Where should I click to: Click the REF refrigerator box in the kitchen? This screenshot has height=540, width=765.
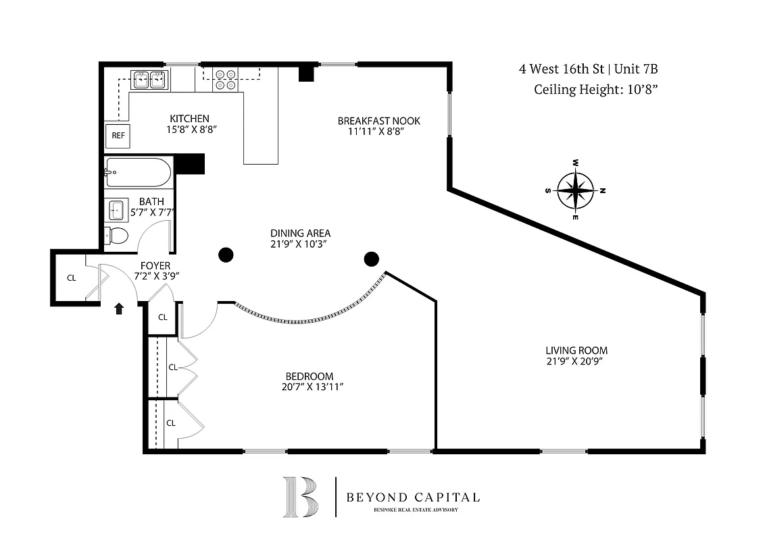click(x=118, y=136)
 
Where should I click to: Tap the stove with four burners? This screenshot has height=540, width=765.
click(x=225, y=80)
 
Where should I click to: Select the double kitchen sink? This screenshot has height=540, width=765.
click(x=149, y=80)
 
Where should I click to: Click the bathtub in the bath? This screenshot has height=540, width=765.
click(x=139, y=173)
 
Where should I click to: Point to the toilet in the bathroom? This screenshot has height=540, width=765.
click(x=117, y=236)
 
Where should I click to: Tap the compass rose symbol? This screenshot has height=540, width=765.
click(x=574, y=191)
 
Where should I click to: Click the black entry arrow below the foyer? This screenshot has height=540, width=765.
click(x=119, y=309)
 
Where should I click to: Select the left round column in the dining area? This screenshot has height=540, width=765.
click(x=226, y=254)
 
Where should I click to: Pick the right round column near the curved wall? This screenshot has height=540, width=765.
click(x=370, y=259)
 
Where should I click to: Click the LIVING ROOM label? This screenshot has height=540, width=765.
click(x=576, y=350)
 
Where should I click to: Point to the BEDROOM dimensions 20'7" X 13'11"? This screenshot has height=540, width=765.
click(x=309, y=387)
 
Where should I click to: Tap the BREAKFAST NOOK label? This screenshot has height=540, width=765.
click(x=378, y=121)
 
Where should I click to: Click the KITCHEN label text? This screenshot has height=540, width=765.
click(x=189, y=118)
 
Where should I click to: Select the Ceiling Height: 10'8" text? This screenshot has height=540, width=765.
click(x=595, y=88)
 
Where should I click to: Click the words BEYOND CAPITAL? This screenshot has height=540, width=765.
click(x=413, y=497)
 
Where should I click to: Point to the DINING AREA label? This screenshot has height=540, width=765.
click(x=300, y=234)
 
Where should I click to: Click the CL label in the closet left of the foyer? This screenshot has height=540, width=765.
click(x=71, y=277)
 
